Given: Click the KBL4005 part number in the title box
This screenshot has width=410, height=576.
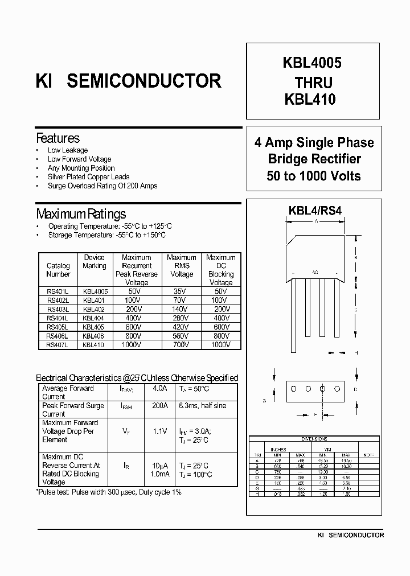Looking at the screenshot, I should coord(311,63).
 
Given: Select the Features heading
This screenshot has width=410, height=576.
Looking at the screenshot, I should coord(58,138).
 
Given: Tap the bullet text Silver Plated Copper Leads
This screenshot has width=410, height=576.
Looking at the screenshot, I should coord(88,177).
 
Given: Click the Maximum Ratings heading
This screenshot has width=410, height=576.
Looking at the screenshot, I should coord(81,214).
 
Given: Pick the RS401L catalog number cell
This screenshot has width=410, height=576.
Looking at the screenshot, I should coord(58,291).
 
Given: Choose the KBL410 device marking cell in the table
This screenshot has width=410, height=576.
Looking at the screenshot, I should coord(93,344).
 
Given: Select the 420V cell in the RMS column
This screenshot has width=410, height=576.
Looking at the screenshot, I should coord(181,327).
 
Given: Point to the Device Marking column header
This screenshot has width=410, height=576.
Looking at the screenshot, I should coord(95,262).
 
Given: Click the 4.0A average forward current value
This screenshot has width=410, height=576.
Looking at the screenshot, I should coord(159,389).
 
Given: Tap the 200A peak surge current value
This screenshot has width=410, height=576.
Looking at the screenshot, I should coord(159,406).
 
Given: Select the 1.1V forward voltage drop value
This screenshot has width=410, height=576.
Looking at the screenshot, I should coord(159,431).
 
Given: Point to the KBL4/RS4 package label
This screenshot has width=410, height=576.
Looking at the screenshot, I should coord(315,210).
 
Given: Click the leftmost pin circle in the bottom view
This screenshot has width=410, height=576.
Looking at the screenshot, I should coord(294,389).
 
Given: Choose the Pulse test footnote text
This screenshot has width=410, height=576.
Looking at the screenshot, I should coord(109,492).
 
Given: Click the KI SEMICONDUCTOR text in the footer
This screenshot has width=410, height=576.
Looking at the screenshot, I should coord(350,535).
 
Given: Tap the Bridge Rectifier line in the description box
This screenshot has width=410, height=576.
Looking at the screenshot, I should coord(314,159).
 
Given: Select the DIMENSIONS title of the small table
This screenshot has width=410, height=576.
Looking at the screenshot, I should coord(314,439).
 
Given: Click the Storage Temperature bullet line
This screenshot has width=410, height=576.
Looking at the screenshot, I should coord(106,234).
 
